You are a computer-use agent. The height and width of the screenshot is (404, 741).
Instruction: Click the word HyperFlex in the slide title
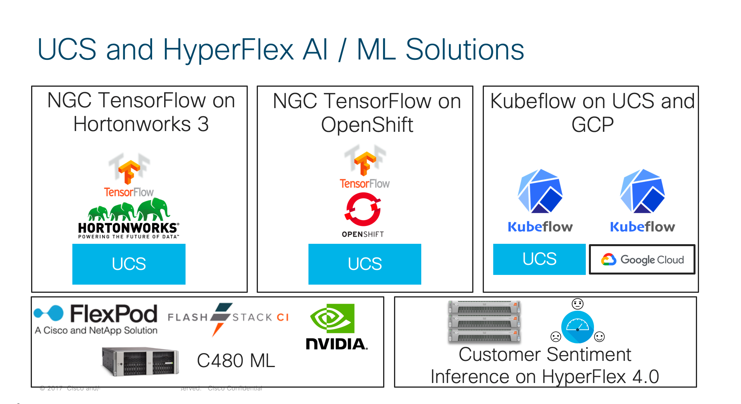coord(228,50)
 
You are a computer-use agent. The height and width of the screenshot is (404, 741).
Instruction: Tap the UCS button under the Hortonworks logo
coord(129,264)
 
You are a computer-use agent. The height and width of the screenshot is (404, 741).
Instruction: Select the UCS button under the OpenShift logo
coord(364,264)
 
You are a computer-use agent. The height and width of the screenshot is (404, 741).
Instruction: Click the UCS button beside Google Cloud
coord(539,259)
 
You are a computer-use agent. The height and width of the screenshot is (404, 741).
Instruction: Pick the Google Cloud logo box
coord(642,259)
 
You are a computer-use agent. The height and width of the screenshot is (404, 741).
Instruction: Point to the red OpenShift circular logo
coord(363,210)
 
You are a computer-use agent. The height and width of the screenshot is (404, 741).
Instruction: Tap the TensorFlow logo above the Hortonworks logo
coord(129,171)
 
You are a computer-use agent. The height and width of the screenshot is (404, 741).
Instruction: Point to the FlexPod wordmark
coord(114,314)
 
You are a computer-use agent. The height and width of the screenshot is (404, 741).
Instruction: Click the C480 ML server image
coord(140,361)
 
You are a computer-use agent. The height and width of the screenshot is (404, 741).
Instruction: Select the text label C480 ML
coord(236,361)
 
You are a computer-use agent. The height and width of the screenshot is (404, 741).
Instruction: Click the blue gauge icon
coord(577,327)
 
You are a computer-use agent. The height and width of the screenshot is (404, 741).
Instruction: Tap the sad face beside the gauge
coord(555,336)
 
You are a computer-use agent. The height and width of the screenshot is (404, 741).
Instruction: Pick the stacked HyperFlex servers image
coord(484,322)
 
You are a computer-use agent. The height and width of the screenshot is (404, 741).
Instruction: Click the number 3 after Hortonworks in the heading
coord(203,124)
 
